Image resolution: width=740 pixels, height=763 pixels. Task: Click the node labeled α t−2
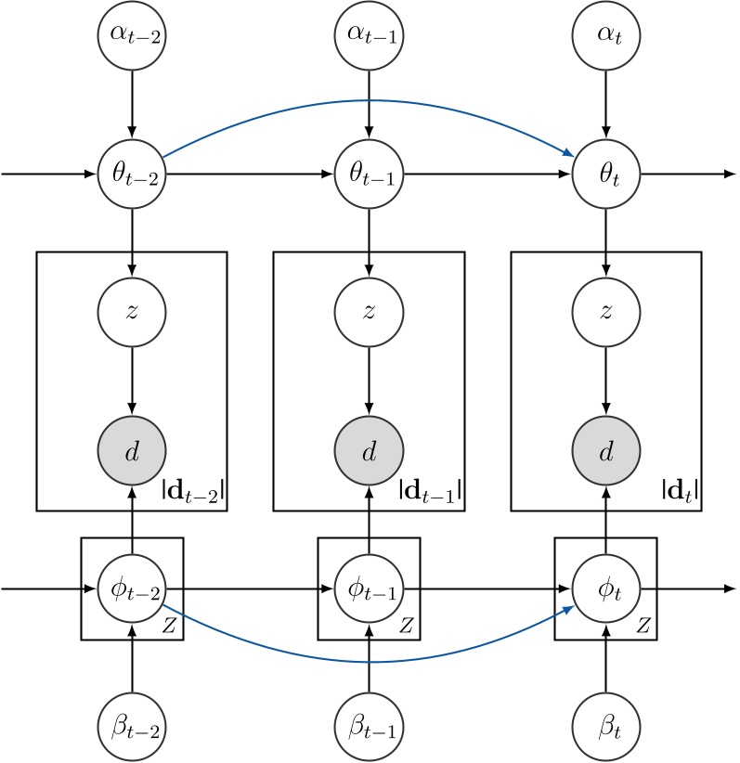[132, 38]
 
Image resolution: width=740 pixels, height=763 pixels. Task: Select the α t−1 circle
[370, 38]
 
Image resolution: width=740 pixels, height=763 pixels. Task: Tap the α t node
[607, 38]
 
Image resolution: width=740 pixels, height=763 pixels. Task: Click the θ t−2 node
[132, 174]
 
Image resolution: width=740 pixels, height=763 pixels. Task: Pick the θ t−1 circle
[370, 174]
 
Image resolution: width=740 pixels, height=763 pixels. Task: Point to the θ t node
[607, 174]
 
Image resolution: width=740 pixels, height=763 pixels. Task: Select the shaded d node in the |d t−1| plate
[370, 452]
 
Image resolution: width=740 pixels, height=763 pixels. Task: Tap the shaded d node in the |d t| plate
[607, 452]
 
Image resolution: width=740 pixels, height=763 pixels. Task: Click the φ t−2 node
[132, 588]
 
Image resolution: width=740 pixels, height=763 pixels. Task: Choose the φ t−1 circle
[370, 588]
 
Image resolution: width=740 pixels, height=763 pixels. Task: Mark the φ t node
[607, 588]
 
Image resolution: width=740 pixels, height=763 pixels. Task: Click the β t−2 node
[132, 724]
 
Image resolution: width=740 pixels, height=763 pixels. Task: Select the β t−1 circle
[370, 724]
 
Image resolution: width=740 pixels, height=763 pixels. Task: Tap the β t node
[607, 724]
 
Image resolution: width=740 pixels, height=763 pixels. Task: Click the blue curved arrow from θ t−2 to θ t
[370, 99]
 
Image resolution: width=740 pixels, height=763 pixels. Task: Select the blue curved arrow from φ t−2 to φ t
[370, 662]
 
